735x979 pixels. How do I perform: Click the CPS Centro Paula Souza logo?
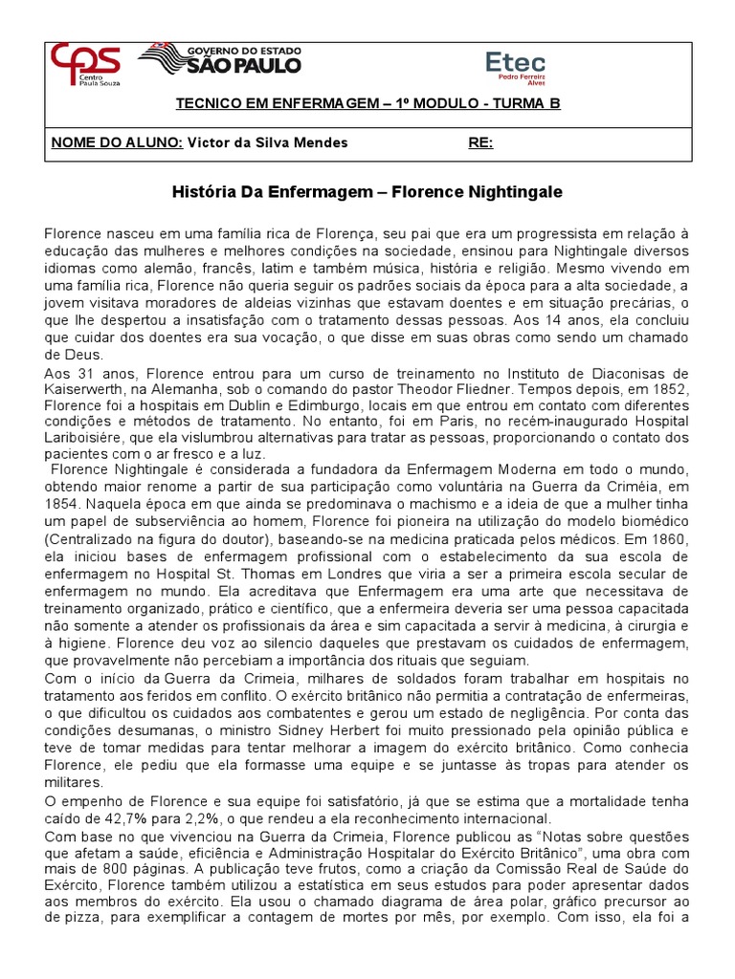click(86, 66)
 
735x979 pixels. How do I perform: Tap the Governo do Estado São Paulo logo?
click(219, 60)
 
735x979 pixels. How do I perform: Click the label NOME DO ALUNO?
click(116, 142)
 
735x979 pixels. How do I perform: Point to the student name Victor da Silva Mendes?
click(267, 142)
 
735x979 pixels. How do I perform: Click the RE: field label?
click(480, 142)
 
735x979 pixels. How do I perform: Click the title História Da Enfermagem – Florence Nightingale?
click(367, 192)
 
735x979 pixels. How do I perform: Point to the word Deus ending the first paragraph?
click(62, 355)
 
